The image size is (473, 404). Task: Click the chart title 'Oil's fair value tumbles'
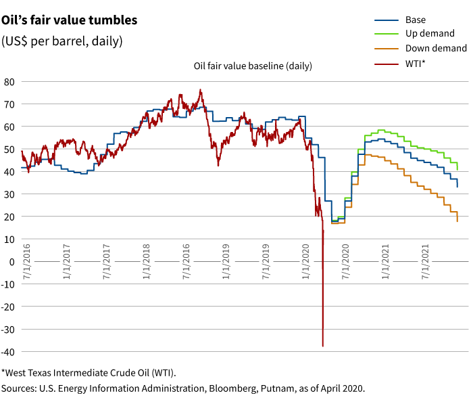coord(69,20)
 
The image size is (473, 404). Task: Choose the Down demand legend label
coord(436,49)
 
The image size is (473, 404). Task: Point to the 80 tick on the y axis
coord(9,82)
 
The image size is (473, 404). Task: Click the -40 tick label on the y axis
coord(7,352)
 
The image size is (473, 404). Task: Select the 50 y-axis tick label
coord(9,150)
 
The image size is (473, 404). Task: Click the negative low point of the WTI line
coord(323,346)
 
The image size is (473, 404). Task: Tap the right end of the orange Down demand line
coord(457,221)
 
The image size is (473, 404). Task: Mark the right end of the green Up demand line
coord(457,169)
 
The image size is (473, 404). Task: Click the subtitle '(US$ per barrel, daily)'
coord(62,41)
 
